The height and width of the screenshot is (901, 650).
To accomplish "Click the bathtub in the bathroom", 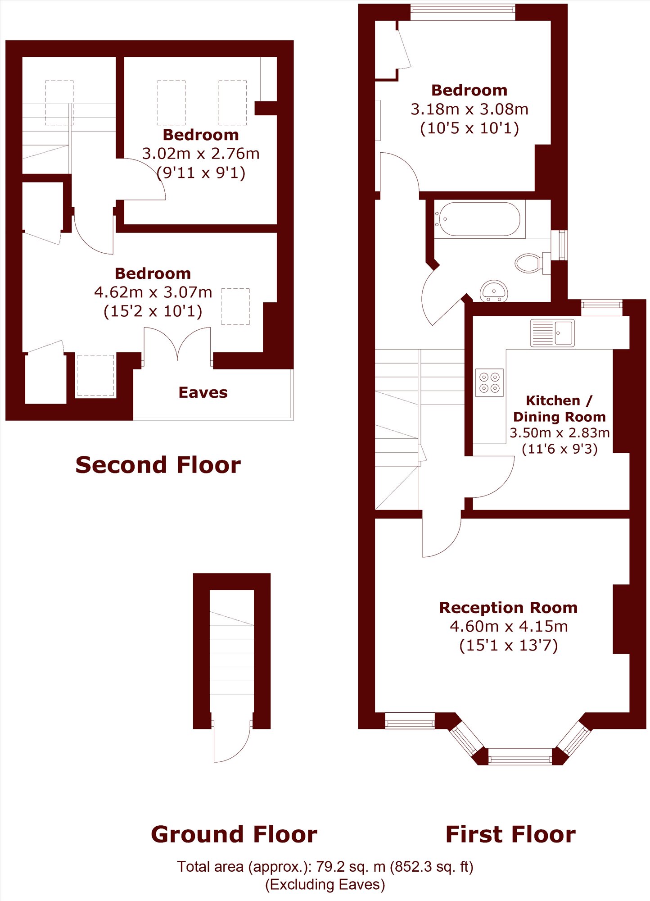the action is click(x=479, y=219).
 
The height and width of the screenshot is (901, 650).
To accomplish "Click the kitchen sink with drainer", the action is click(x=552, y=333).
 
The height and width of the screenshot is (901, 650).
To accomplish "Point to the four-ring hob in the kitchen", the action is click(x=489, y=382).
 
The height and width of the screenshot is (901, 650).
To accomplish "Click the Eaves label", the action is click(x=203, y=392).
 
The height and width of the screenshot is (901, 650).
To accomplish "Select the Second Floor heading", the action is click(x=158, y=465).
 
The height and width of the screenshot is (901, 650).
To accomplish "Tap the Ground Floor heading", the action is click(x=234, y=834).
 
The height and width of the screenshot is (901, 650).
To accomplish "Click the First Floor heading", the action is click(x=510, y=834).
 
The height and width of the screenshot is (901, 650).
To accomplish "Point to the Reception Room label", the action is click(x=508, y=607).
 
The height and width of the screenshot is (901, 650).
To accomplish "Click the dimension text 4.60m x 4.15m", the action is click(x=509, y=626).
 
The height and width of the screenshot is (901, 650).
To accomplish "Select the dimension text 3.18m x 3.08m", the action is click(x=469, y=109).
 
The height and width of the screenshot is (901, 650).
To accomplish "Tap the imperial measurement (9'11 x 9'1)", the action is click(x=201, y=173).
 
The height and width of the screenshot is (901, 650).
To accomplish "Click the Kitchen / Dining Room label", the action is click(x=559, y=409).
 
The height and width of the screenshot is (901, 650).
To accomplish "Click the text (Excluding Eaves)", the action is click(x=325, y=884).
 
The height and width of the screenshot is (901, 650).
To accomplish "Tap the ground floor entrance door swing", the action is click(x=232, y=742).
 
